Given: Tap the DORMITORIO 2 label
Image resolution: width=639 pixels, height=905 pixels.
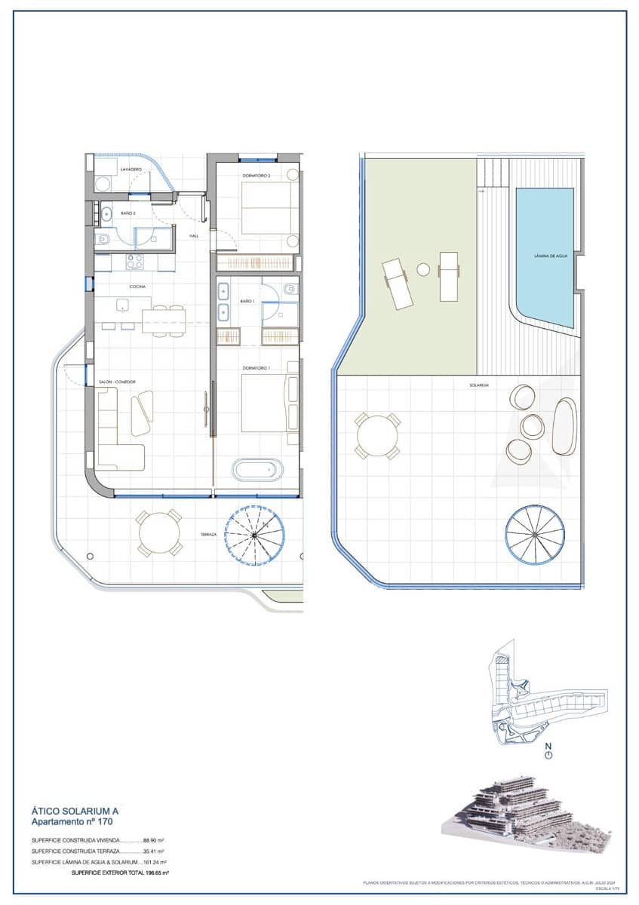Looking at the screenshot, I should pos(257,176).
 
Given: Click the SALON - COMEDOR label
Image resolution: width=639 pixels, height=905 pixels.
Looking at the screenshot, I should pos(117,382).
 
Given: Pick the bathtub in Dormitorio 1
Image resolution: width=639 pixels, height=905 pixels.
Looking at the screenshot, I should pos(258,471).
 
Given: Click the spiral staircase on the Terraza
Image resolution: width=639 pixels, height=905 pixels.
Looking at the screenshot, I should pos(255,535).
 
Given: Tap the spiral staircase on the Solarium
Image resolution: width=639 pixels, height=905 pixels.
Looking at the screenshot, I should pos(534,534).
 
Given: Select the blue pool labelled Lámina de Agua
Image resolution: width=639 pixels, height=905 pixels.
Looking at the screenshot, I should pos(545,256).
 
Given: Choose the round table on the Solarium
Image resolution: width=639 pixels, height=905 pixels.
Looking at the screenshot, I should pos(378,436).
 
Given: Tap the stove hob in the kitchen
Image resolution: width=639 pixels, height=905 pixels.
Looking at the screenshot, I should pos(134,262).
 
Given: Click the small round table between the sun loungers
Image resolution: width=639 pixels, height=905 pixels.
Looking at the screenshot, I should pos(423,269).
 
